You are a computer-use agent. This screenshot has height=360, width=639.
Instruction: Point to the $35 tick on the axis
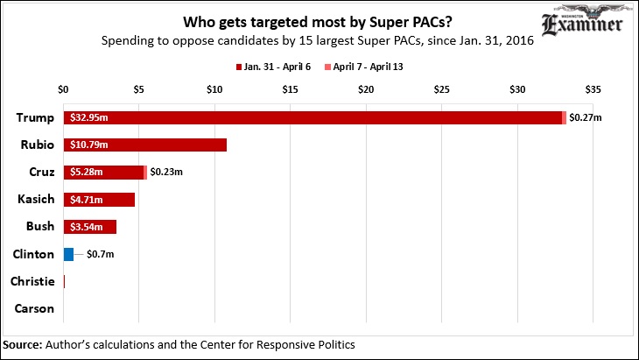pos(593,90)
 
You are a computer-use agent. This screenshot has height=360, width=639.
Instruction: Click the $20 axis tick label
pos(366,90)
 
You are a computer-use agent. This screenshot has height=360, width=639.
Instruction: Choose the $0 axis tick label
pos(63,90)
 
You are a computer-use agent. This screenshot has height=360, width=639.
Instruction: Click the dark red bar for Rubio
pos(144,145)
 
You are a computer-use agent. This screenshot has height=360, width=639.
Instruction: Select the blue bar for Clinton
pos(68,254)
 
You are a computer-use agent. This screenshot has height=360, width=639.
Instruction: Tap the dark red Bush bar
pos(89,227)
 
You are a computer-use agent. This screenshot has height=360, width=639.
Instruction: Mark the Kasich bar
pos(99,200)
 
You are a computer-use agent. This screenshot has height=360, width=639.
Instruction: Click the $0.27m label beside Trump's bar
pos(586,117)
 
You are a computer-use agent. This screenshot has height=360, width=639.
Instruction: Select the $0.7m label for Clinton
pos(101,254)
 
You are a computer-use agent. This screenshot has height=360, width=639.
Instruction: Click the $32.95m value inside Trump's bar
pos(88,117)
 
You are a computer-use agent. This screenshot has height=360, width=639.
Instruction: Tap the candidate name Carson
pos(35,308)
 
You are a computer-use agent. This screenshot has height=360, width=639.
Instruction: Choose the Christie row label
pos(32,281)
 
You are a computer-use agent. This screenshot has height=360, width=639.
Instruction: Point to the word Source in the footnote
pos(22,344)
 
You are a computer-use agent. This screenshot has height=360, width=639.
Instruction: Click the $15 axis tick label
pos(291,90)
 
